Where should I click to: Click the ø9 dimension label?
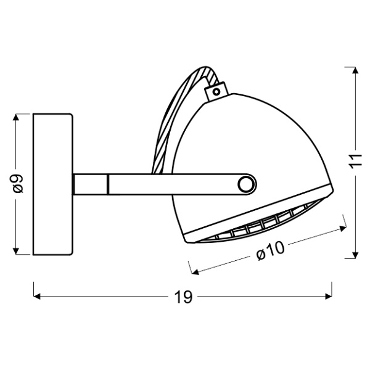[x=18, y=184]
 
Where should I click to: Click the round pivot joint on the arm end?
[x=247, y=184]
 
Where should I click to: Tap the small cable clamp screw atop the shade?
[x=216, y=92]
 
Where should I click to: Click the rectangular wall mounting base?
[x=53, y=184]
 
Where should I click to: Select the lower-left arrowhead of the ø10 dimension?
[x=194, y=271]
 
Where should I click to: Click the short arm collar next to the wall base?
[x=91, y=184]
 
